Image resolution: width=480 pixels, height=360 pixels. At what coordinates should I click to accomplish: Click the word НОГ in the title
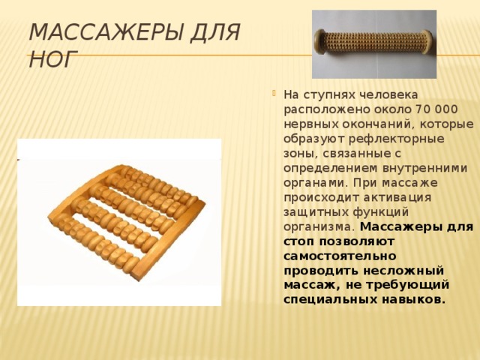click(x=52, y=58)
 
